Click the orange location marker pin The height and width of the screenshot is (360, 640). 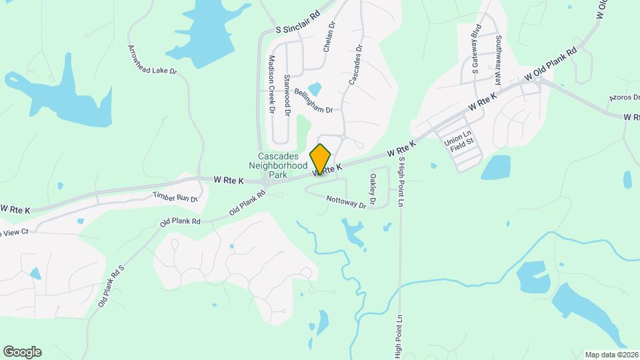tap(321, 159)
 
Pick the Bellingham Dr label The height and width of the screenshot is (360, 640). tap(313, 101)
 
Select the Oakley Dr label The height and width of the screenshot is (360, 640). tap(373, 189)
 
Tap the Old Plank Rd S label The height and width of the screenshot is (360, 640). tap(111, 286)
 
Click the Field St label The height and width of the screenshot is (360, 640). tap(461, 141)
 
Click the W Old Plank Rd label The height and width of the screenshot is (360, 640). tap(551, 65)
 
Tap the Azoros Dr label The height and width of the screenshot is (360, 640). tap(623, 98)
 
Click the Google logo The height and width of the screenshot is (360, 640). tap(22, 352)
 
